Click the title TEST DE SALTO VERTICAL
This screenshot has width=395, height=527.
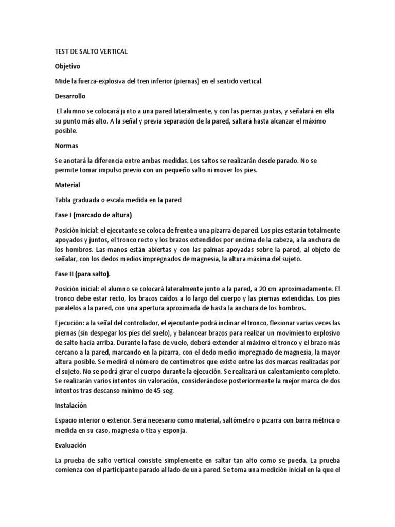click(x=91, y=52)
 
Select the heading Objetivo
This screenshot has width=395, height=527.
click(x=67, y=66)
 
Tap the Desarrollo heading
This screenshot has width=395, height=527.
click(x=70, y=96)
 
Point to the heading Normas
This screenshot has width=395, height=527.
click(x=66, y=146)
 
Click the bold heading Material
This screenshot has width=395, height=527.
click(x=67, y=184)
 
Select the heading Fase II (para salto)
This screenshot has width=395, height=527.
click(x=82, y=273)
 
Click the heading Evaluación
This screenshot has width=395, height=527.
click(x=71, y=445)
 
